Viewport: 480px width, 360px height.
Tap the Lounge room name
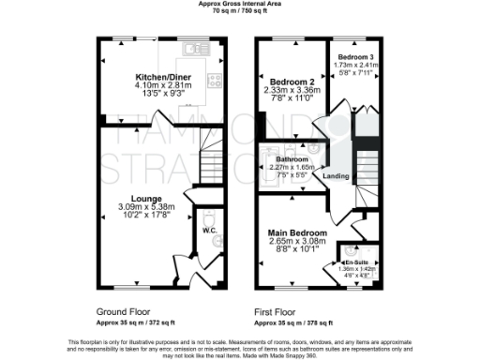[146, 199]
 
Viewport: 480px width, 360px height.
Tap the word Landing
[336, 176]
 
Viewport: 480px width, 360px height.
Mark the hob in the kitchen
[214, 81]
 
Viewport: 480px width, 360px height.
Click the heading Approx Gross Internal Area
[240, 4]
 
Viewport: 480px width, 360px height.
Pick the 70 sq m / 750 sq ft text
[240, 11]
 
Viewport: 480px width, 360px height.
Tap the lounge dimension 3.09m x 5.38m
[146, 207]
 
